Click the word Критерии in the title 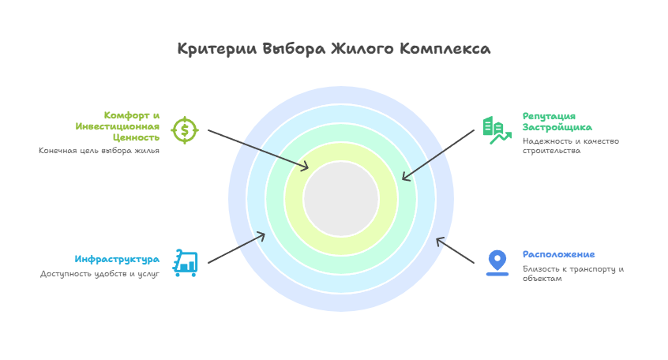click(x=217, y=49)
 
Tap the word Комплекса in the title click(x=445, y=49)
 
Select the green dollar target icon click(x=185, y=130)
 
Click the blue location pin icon click(x=497, y=263)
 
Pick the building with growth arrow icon click(x=497, y=130)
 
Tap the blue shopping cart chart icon click(x=185, y=263)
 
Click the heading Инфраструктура click(x=117, y=259)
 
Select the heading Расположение click(x=558, y=254)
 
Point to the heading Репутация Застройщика click(x=557, y=122)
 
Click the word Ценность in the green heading click(x=137, y=137)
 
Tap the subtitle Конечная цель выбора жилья click(x=99, y=150)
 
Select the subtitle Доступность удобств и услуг click(x=99, y=273)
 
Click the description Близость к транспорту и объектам click(x=573, y=273)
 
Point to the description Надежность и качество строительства click(x=570, y=146)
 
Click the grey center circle click(x=341, y=199)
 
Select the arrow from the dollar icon click(x=258, y=149)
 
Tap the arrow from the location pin click(x=455, y=250)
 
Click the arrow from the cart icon click(x=236, y=248)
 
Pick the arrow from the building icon click(x=438, y=155)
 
